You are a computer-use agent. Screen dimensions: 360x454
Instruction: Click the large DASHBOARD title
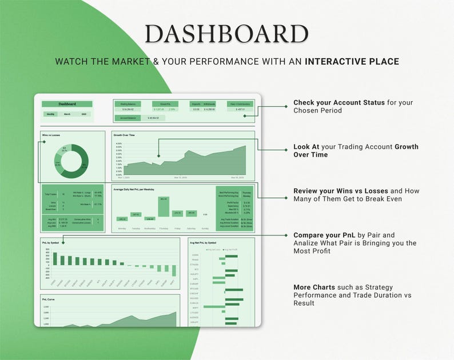(x=227, y=34)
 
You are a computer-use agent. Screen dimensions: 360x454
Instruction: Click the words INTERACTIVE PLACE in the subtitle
(x=352, y=62)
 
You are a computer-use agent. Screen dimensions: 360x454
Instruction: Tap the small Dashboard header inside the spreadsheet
(x=67, y=104)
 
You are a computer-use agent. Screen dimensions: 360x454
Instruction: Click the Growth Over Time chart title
(x=124, y=135)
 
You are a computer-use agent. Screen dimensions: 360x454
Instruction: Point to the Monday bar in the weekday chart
(x=122, y=218)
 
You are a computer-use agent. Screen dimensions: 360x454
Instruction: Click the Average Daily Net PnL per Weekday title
(x=134, y=189)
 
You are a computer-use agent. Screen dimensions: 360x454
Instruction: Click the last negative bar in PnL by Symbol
(x=173, y=270)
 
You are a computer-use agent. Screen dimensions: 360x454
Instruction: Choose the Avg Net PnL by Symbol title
(x=203, y=242)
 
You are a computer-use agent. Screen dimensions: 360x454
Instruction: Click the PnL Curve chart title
(x=49, y=299)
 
